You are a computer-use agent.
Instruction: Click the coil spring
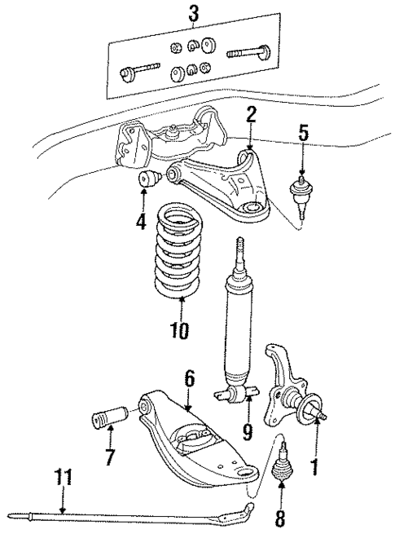[179, 260]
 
